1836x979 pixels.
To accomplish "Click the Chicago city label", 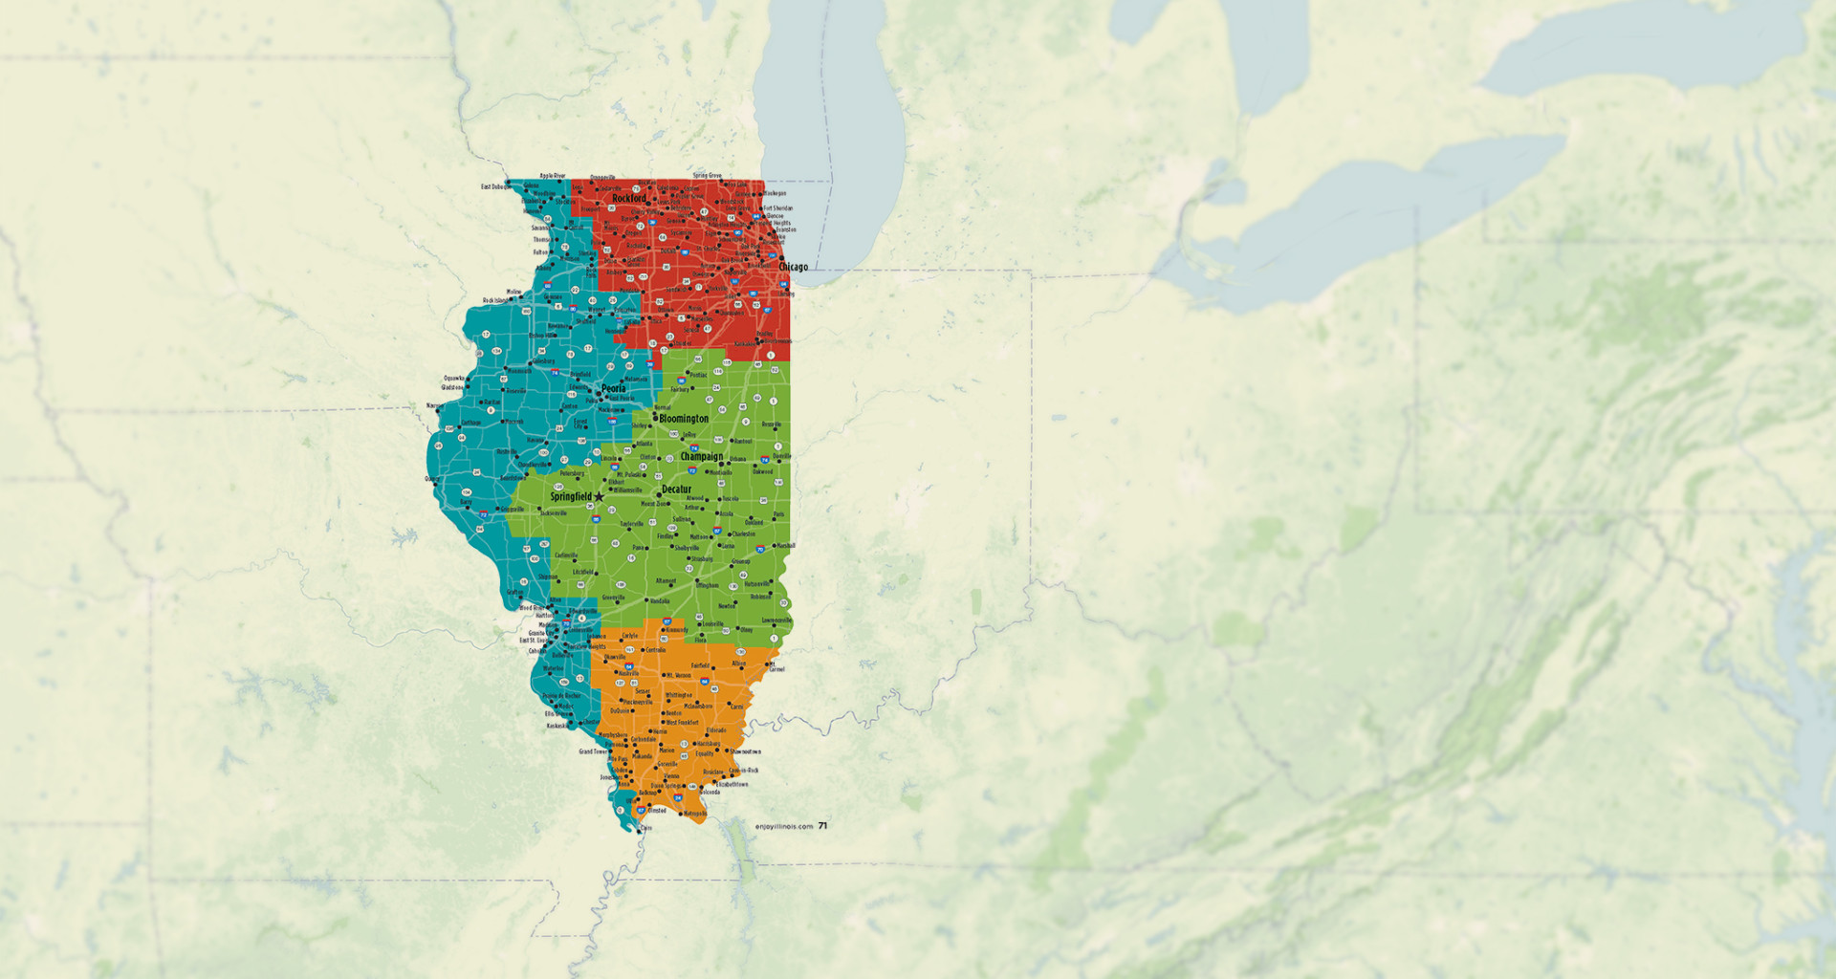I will tap(794, 268).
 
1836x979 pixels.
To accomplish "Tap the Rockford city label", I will tap(629, 199).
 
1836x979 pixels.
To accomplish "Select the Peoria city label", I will tap(614, 388).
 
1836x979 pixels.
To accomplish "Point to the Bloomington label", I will tap(684, 419).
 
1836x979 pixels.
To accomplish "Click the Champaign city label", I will tap(702, 456).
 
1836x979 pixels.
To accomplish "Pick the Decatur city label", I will tap(676, 489).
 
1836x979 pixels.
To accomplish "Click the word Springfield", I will tap(570, 496).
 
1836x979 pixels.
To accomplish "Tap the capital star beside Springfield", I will tap(600, 496).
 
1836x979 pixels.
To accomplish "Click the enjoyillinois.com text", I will tap(783, 826).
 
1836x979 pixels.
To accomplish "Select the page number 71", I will tap(822, 825).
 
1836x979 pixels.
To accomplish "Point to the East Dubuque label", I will tap(492, 186).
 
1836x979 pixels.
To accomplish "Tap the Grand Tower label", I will tap(592, 751).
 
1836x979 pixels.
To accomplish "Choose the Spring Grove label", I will tap(707, 176).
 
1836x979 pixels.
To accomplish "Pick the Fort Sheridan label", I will tap(777, 207).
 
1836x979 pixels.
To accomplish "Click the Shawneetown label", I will tap(745, 751).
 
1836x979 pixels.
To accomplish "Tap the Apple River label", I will tap(553, 176).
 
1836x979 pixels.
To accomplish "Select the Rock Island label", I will tap(496, 300).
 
